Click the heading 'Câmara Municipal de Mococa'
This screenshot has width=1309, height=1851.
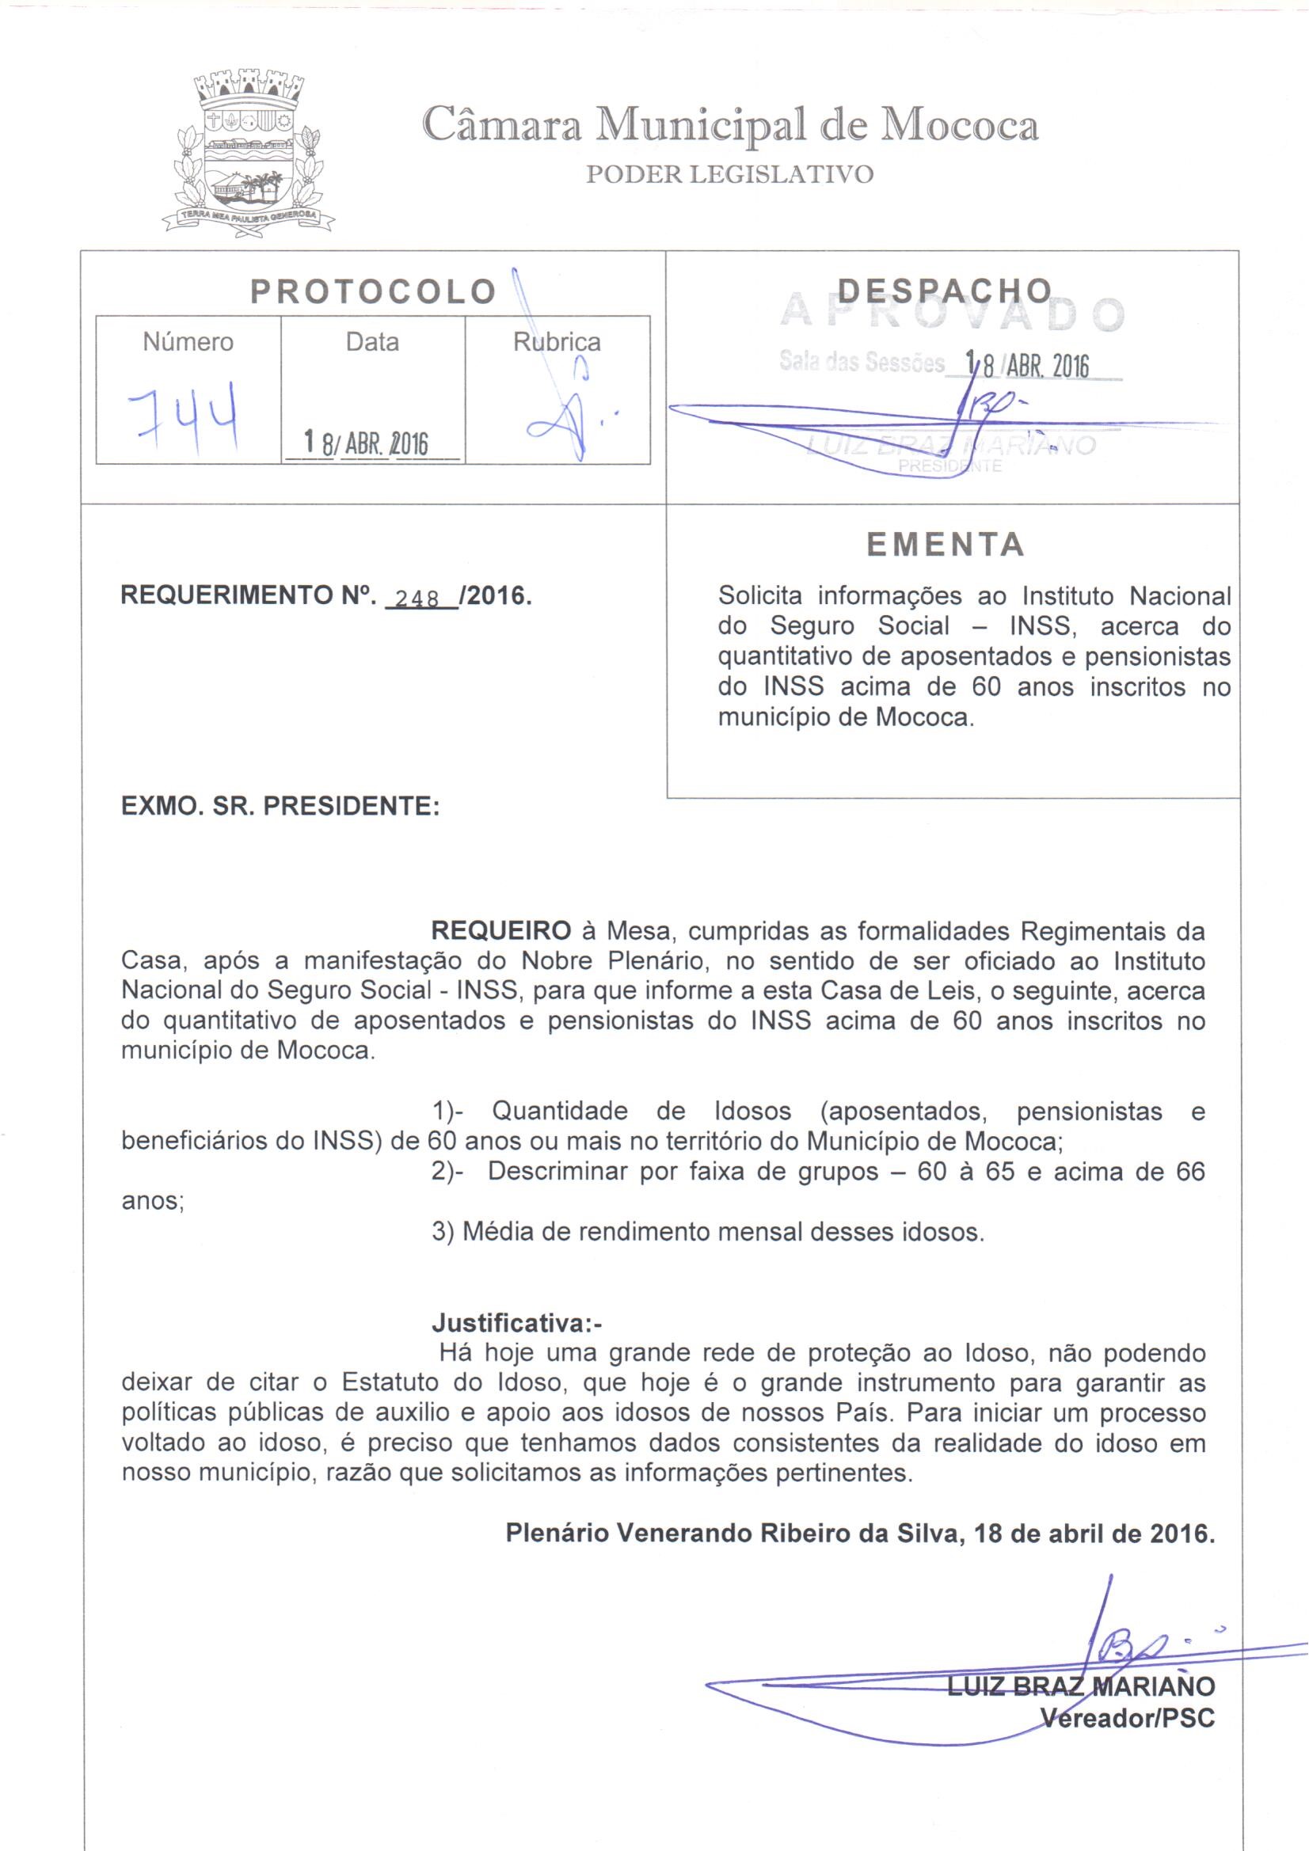point(730,127)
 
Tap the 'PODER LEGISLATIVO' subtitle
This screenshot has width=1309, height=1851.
point(729,175)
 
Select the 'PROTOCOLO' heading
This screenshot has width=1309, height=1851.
point(373,292)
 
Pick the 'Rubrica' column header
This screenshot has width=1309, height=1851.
point(557,343)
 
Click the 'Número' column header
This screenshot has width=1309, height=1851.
point(188,343)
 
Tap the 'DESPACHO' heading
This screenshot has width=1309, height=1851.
point(945,291)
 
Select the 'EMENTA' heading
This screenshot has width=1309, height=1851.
point(946,545)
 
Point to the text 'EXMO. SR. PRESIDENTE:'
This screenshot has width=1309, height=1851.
point(280,806)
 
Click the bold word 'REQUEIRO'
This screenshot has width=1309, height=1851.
point(500,931)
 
